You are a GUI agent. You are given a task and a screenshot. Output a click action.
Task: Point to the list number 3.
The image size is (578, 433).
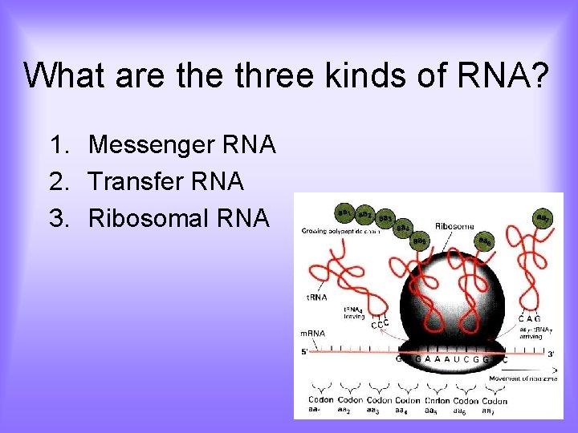[x=57, y=218]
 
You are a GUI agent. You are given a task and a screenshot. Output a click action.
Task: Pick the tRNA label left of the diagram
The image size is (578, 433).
[x=316, y=297]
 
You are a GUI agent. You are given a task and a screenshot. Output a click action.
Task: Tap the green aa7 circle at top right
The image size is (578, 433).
[x=543, y=218]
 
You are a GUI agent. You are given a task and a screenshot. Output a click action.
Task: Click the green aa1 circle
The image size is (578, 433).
[x=345, y=212]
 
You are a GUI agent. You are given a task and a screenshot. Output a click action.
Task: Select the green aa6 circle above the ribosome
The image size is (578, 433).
[x=486, y=241]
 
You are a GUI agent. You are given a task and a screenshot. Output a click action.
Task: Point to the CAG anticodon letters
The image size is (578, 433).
[x=530, y=318]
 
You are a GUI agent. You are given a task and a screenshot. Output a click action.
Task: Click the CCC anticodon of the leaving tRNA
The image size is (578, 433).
[x=380, y=324]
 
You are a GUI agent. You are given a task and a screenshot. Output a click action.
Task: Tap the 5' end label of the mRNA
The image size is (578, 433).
[x=305, y=351]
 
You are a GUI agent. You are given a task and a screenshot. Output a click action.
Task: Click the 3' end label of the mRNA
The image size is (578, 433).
[x=550, y=353]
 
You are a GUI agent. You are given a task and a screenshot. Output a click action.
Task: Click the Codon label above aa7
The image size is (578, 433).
[x=495, y=400]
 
